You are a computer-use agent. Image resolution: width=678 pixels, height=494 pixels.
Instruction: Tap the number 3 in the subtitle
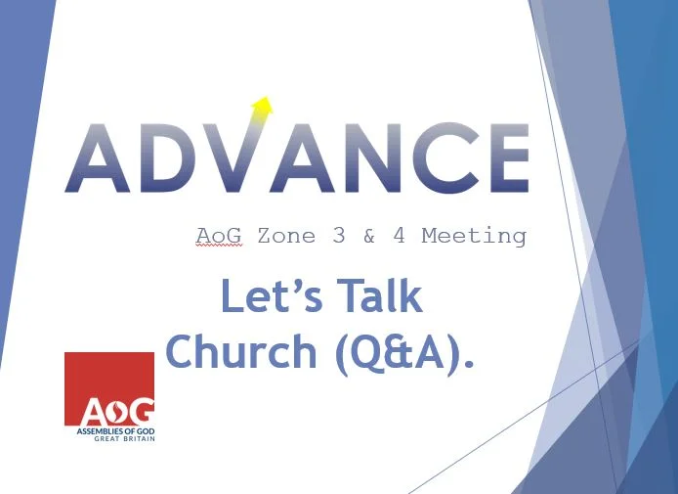[x=338, y=237]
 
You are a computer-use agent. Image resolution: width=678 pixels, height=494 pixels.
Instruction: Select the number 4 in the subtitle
[x=399, y=237]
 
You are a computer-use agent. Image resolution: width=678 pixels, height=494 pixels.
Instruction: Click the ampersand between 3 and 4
[x=368, y=237]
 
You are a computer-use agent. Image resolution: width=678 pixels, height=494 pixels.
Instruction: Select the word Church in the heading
[x=242, y=352]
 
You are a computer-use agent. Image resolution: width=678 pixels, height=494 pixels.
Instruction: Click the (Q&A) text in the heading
[x=403, y=353]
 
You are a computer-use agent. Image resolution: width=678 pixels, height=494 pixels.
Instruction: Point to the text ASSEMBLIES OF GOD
[x=109, y=430]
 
